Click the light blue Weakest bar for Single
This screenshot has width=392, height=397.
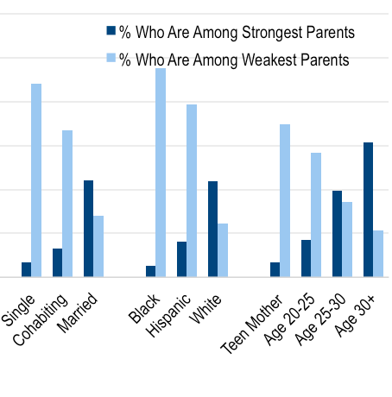36,180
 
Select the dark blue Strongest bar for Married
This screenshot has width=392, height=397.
88,229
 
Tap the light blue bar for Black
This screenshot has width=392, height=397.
161,173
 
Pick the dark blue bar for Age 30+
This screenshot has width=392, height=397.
368,210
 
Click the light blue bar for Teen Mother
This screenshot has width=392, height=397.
285,201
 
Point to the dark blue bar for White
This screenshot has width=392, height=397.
212,229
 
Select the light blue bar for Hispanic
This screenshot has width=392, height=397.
192,191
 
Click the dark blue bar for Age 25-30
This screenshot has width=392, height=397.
337,234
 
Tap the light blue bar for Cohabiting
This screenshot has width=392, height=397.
67,204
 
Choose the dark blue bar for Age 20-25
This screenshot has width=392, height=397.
306,258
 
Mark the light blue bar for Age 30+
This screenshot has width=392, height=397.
378,254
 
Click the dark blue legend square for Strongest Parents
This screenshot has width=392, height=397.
111,30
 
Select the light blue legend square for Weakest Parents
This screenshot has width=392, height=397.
111,58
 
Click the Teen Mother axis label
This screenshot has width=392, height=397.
251,324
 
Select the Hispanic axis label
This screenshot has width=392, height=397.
168,315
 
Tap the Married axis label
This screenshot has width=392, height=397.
77,312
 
